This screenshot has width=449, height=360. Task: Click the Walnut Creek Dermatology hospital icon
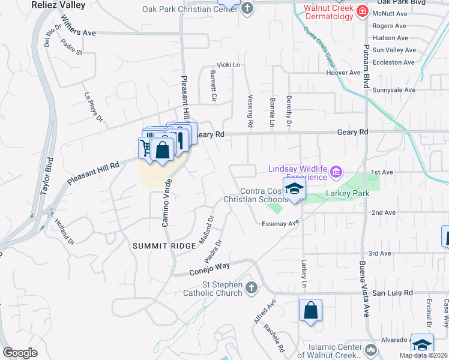(361, 11)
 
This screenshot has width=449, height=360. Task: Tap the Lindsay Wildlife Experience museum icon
(336, 174)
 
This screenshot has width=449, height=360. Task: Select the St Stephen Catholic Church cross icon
(252, 289)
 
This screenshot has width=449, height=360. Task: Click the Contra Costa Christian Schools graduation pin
(294, 190)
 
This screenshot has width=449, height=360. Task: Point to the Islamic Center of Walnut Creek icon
(370, 349)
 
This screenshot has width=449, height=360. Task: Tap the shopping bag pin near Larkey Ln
(310, 311)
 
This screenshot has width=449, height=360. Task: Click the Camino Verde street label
(166, 202)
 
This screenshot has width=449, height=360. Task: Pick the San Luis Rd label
(393, 293)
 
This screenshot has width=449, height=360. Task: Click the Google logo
(20, 353)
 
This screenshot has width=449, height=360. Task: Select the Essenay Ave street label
(280, 223)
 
